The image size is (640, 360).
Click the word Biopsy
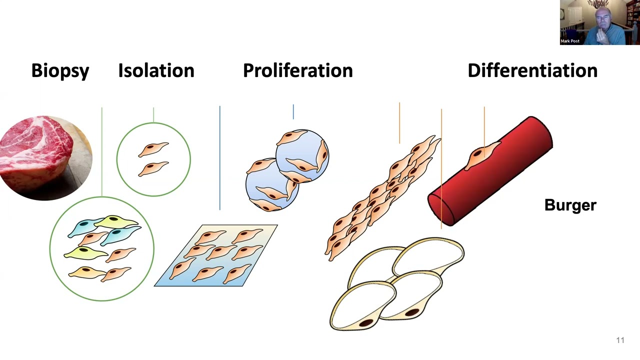click(60, 70)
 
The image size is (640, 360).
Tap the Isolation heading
click(156, 70)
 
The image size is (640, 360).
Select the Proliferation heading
click(297, 70)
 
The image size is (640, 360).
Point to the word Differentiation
click(532, 70)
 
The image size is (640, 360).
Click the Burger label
click(570, 205)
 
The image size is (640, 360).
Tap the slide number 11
click(620, 340)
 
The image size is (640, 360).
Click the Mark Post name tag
click(570, 41)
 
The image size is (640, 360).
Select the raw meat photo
click(45, 157)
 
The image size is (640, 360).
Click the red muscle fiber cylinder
click(490, 171)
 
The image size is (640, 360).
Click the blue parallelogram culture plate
click(216, 255)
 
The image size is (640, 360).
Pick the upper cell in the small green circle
click(153, 149)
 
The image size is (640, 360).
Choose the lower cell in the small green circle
click(153, 168)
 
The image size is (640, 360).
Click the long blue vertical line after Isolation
click(219, 158)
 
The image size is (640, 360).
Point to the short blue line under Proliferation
click(293, 111)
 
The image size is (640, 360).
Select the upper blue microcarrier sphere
click(302, 156)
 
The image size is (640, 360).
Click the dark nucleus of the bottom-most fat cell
click(366, 323)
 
